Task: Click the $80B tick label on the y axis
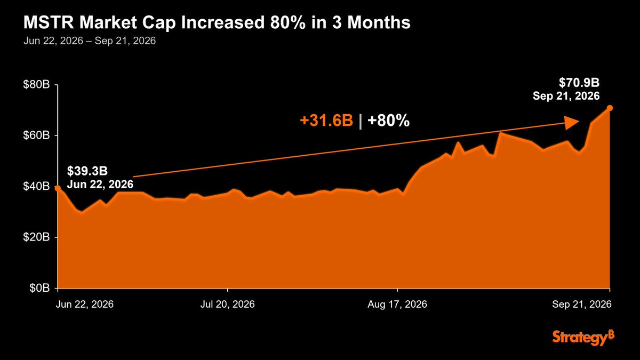pyautogui.click(x=36, y=85)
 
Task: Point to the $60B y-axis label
pyautogui.click(x=36, y=135)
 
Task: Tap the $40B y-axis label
pyautogui.click(x=36, y=186)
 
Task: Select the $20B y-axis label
pyautogui.click(x=36, y=237)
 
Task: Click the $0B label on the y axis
pyautogui.click(x=39, y=288)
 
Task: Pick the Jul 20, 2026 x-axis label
pyautogui.click(x=227, y=304)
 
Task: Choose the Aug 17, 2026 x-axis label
pyautogui.click(x=397, y=304)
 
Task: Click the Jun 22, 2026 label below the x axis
pyautogui.click(x=85, y=304)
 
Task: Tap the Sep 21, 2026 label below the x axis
pyautogui.click(x=582, y=304)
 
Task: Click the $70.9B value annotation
pyautogui.click(x=579, y=83)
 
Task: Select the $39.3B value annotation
pyautogui.click(x=87, y=171)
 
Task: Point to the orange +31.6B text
pyautogui.click(x=326, y=121)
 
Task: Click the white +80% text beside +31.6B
pyautogui.click(x=389, y=121)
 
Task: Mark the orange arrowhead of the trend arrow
pyautogui.click(x=571, y=123)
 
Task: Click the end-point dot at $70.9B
pyautogui.click(x=610, y=108)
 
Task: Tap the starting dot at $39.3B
pyautogui.click(x=58, y=188)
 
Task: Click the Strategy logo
pyautogui.click(x=583, y=338)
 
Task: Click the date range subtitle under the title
pyautogui.click(x=90, y=41)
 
